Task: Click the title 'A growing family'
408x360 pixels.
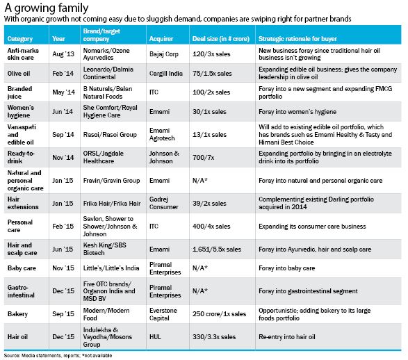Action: pyautogui.click(x=47, y=8)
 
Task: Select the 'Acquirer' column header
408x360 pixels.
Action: pyautogui.click(x=161, y=39)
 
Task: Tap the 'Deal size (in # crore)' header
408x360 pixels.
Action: pyautogui.click(x=221, y=39)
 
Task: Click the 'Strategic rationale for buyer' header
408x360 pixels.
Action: pyautogui.click(x=297, y=39)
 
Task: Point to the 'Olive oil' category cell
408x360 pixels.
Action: pyautogui.click(x=19, y=74)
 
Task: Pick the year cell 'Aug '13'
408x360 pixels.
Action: pyautogui.click(x=63, y=54)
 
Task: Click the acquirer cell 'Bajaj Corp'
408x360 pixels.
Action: pyautogui.click(x=164, y=54)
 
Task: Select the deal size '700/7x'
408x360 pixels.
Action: pyautogui.click(x=204, y=157)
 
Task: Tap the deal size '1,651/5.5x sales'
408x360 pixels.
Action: pyautogui.click(x=217, y=249)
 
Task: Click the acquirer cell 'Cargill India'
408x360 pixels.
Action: pyautogui.click(x=166, y=74)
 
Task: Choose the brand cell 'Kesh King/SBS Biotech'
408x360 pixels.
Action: pyautogui.click(x=104, y=249)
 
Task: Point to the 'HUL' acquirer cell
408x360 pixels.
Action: pyautogui.click(x=155, y=337)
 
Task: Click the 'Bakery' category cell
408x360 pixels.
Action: pyautogui.click(x=17, y=314)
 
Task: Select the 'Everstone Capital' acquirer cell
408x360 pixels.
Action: pyautogui.click(x=163, y=314)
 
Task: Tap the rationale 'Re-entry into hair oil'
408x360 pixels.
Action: pyautogui.click(x=287, y=337)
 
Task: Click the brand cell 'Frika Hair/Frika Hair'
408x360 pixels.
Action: pyautogui.click(x=112, y=203)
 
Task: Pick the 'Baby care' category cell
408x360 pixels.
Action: pyautogui.click(x=22, y=268)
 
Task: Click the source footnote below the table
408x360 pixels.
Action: pyautogui.click(x=58, y=355)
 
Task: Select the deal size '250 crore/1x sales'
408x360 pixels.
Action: pyautogui.click(x=219, y=314)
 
